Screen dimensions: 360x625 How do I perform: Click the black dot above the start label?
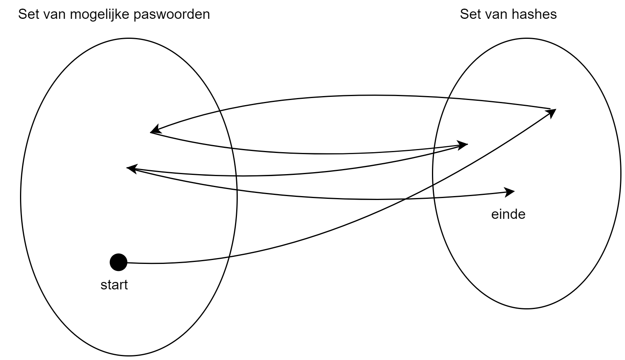pyautogui.click(x=118, y=262)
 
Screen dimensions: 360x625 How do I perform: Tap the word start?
pyautogui.click(x=114, y=285)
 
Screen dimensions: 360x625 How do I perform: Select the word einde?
pyautogui.click(x=508, y=215)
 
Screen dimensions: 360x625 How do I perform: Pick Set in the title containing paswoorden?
pyautogui.click(x=28, y=15)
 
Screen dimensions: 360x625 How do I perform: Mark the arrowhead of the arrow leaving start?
pyautogui.click(x=552, y=112)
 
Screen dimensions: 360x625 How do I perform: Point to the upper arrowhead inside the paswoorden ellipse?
pyautogui.click(x=155, y=129)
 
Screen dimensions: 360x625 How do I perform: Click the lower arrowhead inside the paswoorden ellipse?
pyautogui.click(x=131, y=169)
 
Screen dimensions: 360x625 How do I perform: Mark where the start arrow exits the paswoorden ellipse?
pyautogui.click(x=229, y=257)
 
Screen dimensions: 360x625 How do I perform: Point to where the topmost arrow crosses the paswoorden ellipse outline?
pyautogui.click(x=219, y=111)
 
